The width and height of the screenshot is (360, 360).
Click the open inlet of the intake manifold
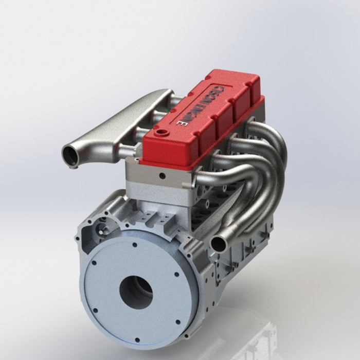70,155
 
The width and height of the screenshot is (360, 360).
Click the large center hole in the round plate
136,292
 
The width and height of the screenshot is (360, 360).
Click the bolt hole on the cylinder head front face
162,176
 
